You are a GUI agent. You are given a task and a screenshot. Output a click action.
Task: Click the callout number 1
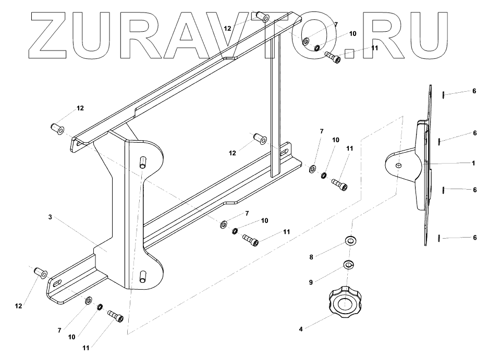point(473,163)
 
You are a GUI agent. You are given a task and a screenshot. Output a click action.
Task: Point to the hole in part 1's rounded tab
point(398,166)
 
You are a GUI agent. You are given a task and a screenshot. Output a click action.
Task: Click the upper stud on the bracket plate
point(142,161)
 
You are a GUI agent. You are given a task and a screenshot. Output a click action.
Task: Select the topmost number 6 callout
point(474,91)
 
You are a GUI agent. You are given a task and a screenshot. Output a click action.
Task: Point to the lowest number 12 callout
point(18,306)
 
